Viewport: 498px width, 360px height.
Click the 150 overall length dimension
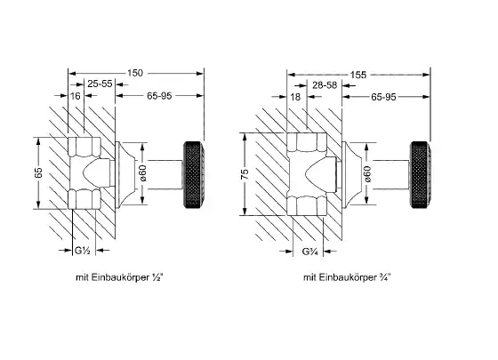(135, 73)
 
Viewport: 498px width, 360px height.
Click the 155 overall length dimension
(358, 75)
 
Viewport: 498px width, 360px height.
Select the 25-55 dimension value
(100, 84)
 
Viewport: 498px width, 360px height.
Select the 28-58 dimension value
(325, 85)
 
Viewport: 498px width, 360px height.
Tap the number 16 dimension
(75, 96)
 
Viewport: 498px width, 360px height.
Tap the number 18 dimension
(295, 97)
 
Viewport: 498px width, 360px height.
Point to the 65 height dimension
(38, 172)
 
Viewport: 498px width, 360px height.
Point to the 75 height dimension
(245, 174)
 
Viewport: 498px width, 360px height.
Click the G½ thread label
(83, 251)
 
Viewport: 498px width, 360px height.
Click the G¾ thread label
(309, 252)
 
